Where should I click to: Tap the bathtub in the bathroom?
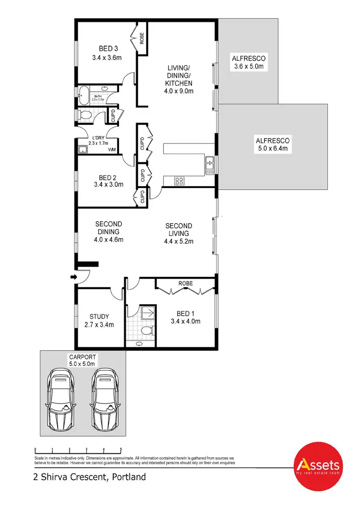click(x=84, y=95)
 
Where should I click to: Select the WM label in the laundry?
click(x=112, y=150)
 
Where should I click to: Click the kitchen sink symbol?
click(x=209, y=165)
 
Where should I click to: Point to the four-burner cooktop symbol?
click(x=180, y=181)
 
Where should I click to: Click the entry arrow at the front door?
click(x=73, y=277)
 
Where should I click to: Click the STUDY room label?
click(x=99, y=317)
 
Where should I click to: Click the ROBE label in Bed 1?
click(x=185, y=284)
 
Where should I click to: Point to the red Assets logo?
click(x=318, y=465)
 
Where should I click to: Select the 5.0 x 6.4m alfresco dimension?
click(x=273, y=149)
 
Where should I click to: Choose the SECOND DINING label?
click(x=108, y=227)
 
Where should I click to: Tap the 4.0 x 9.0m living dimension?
click(x=180, y=91)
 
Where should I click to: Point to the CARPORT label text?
click(x=82, y=357)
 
